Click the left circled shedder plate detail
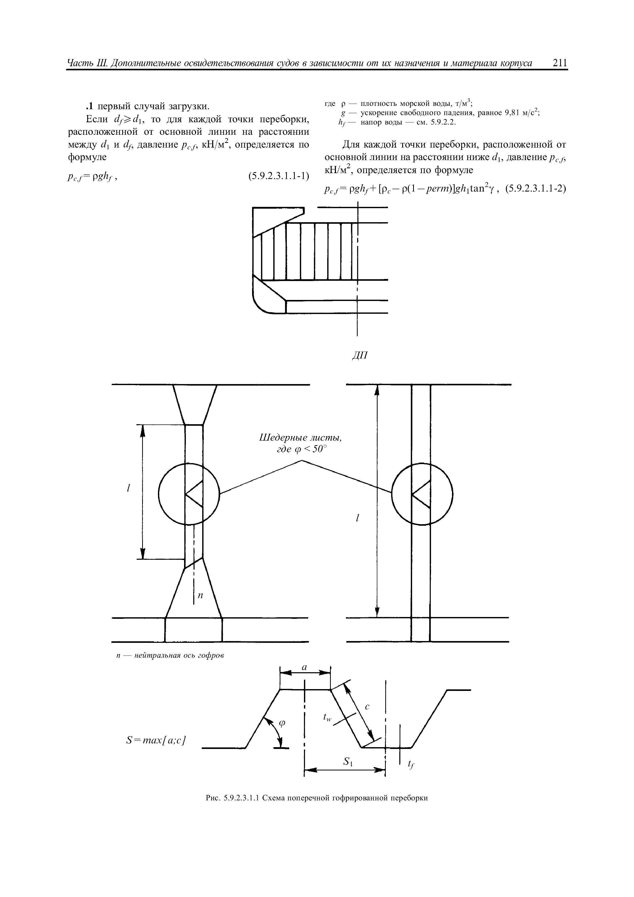pos(189,494)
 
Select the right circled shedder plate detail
pos(422,494)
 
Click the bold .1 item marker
pos(89,106)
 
